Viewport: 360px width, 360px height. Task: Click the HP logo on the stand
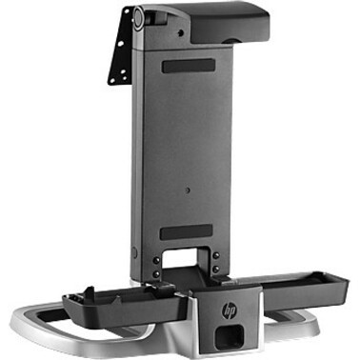click(x=229, y=310)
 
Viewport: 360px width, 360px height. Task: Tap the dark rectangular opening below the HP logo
click(x=230, y=336)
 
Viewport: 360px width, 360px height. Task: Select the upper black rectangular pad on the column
click(x=189, y=66)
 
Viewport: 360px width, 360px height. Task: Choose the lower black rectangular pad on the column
click(x=187, y=232)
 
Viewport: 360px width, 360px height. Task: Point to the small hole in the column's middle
click(x=188, y=190)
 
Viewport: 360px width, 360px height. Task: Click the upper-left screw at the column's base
click(x=156, y=260)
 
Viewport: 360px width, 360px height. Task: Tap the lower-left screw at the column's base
click(x=156, y=273)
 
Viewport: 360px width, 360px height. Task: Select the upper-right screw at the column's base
click(x=216, y=255)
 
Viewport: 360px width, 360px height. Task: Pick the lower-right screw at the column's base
click(x=216, y=270)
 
